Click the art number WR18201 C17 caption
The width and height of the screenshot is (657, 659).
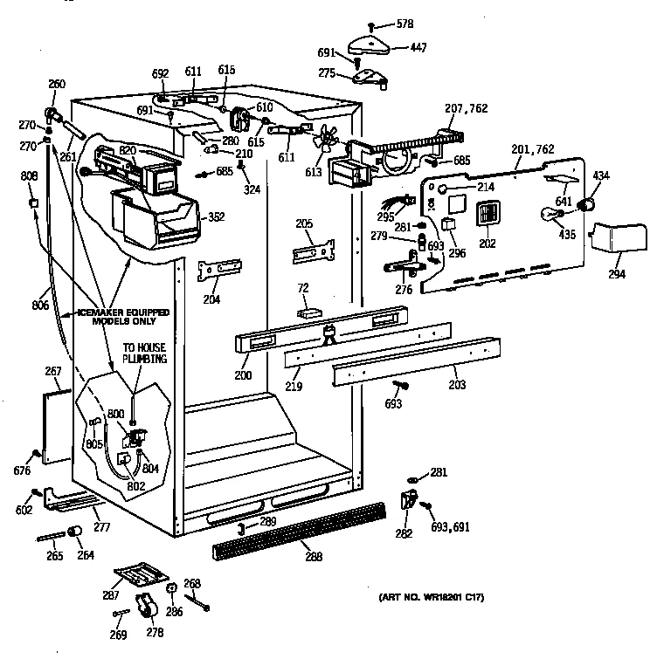[x=432, y=597]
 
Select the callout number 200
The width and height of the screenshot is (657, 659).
[x=242, y=375]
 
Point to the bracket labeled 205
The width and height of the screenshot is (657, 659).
[x=313, y=249]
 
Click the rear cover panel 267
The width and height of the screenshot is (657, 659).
[x=57, y=423]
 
